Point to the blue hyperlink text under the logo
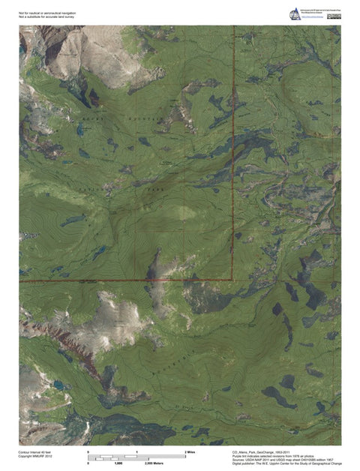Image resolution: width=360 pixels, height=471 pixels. (x=319, y=16)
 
